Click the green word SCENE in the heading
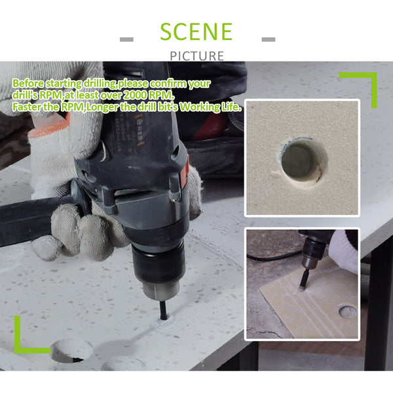[x=196, y=31]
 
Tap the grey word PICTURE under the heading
[x=196, y=56]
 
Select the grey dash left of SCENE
[x=126, y=39]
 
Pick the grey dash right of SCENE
[x=269, y=39]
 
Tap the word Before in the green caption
[x=28, y=83]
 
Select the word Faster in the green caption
[x=27, y=107]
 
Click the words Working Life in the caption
[x=210, y=107]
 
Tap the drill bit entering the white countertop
[x=163, y=310]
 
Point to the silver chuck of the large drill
[x=160, y=290]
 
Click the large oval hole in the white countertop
[x=71, y=350]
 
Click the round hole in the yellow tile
[x=348, y=312]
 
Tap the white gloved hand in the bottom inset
[x=345, y=251]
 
